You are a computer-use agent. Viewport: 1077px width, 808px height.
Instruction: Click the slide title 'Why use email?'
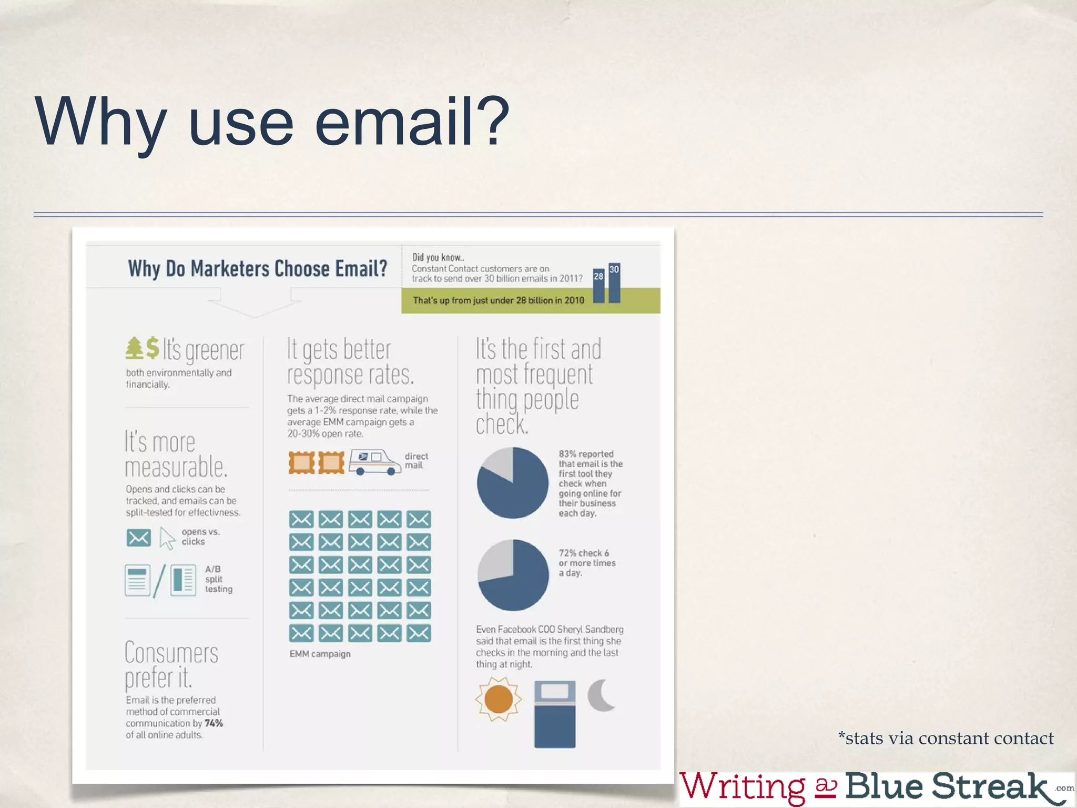pyautogui.click(x=272, y=122)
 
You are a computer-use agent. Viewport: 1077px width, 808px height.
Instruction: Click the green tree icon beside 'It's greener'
pyautogui.click(x=135, y=348)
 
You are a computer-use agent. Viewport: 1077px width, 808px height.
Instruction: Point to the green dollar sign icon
pyautogui.click(x=153, y=348)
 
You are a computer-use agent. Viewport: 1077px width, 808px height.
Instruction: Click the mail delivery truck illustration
pyautogui.click(x=375, y=462)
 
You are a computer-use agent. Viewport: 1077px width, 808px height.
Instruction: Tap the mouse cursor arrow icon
pyautogui.click(x=167, y=538)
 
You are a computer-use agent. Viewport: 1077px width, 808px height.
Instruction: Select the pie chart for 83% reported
pyautogui.click(x=512, y=483)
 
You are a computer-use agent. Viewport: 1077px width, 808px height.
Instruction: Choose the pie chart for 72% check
pyautogui.click(x=513, y=575)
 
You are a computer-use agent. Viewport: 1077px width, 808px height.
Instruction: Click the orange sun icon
pyautogui.click(x=498, y=699)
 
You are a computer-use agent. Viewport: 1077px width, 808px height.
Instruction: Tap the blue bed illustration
pyautogui.click(x=555, y=714)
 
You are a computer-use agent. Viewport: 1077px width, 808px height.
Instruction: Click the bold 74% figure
pyautogui.click(x=214, y=723)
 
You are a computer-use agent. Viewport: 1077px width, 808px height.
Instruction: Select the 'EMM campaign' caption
pyautogui.click(x=320, y=654)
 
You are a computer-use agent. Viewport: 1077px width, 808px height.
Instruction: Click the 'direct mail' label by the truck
pyautogui.click(x=416, y=460)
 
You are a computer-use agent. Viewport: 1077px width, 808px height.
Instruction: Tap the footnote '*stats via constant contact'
pyautogui.click(x=946, y=739)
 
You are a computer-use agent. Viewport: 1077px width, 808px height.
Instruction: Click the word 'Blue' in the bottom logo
pyautogui.click(x=884, y=786)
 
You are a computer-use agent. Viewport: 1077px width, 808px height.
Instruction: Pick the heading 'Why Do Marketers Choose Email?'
pyautogui.click(x=257, y=269)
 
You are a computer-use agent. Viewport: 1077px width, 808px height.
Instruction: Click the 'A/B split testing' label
pyautogui.click(x=218, y=579)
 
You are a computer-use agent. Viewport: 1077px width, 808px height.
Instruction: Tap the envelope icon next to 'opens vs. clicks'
pyautogui.click(x=138, y=538)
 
